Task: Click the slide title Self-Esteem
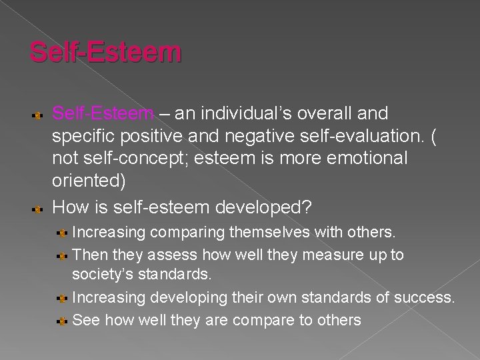[x=105, y=51]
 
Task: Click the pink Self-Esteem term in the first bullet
[x=103, y=114]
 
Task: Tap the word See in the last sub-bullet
[x=85, y=320]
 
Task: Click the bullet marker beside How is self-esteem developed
[x=39, y=209]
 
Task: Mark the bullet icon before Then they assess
[x=62, y=255]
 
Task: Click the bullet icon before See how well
[x=62, y=321]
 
